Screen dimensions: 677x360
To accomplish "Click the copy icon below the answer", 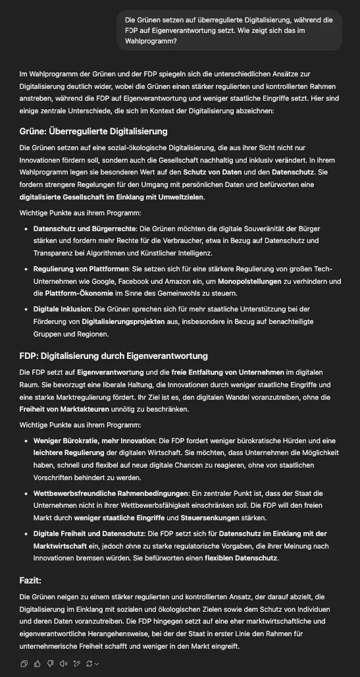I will (x=24, y=664).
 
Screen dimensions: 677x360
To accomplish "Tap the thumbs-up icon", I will (x=38, y=664).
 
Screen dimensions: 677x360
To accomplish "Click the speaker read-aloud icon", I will (x=63, y=664).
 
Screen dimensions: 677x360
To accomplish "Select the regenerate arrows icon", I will (x=90, y=664).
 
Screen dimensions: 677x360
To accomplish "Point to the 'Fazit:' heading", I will (x=30, y=580).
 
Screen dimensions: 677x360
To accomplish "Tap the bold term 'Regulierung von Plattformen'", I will (x=82, y=269).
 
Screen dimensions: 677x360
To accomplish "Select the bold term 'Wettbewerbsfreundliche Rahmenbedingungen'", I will (x=110, y=493).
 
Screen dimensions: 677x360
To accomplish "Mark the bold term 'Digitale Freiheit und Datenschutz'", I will (x=89, y=533).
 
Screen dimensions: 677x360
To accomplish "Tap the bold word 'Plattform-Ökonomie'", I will (x=77, y=294).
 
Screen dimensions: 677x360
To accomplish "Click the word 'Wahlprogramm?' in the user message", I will (x=151, y=41).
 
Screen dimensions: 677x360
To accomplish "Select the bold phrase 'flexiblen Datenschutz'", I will (x=241, y=558).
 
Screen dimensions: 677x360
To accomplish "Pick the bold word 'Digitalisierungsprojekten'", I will (x=124, y=321).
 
